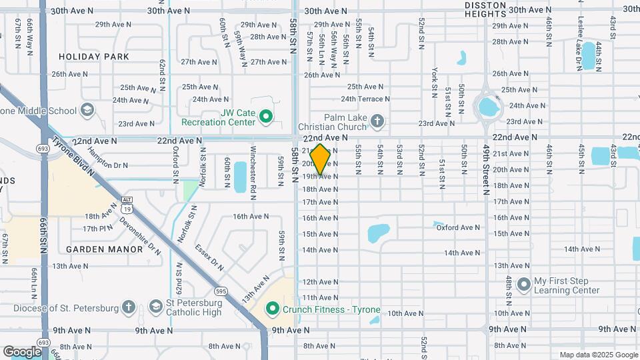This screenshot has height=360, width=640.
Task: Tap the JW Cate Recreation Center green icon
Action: coord(266,117)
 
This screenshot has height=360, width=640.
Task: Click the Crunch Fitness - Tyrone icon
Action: coord(272,309)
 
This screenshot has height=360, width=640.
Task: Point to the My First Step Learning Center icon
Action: coord(523,285)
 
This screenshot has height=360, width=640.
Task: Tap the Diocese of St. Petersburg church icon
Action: coord(129,307)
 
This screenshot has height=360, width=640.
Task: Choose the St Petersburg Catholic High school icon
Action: coord(155,307)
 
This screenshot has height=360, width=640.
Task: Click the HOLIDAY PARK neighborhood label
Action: coord(94,57)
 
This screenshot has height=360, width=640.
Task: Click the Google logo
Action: coord(22,351)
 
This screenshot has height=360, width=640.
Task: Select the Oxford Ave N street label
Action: coord(458,227)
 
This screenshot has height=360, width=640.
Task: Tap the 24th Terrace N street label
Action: coord(365,99)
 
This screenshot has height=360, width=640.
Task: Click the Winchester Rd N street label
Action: coord(253,165)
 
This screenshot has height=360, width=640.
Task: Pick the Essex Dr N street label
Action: coord(209,257)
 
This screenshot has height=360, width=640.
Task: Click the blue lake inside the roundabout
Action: coord(488,105)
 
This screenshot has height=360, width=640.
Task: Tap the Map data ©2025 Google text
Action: coord(597,355)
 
